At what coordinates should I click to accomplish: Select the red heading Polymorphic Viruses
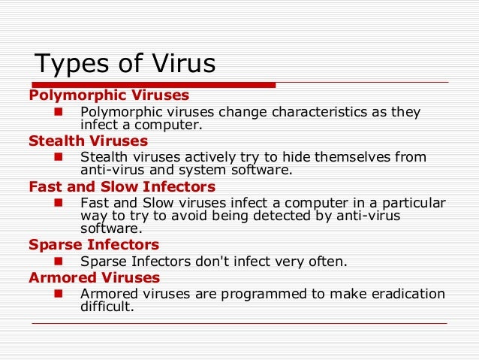click(108, 95)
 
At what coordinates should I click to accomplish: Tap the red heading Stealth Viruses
click(88, 141)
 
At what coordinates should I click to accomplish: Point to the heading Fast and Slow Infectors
click(122, 186)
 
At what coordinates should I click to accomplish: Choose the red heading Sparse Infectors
click(93, 245)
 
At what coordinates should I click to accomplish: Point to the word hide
click(296, 158)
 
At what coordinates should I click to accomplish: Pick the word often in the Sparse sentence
click(327, 262)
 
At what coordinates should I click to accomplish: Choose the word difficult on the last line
click(107, 306)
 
